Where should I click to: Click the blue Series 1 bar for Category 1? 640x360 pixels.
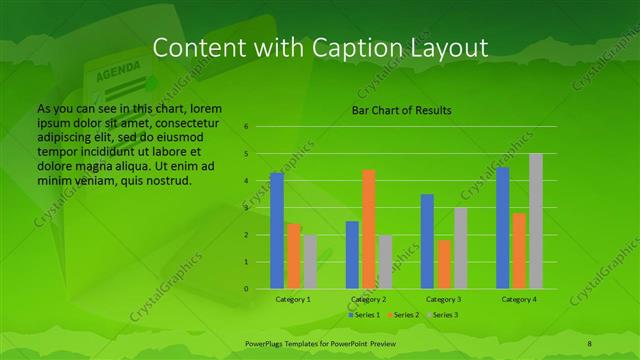(277, 231)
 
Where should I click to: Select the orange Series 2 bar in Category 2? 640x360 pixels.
(368, 229)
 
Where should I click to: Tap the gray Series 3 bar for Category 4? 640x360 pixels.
(536, 221)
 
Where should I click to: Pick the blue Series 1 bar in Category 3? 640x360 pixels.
(427, 241)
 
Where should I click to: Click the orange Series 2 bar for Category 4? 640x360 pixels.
(520, 251)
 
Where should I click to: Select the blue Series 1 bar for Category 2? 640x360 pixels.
(352, 255)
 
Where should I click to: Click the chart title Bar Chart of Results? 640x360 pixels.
(401, 110)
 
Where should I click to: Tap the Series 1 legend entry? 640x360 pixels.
(362, 315)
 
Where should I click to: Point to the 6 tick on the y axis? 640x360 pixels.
(245, 127)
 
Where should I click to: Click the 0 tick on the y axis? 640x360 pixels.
(245, 289)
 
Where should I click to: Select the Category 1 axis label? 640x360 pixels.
(293, 299)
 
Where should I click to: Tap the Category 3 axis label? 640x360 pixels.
(443, 299)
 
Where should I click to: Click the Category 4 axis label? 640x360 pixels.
(519, 299)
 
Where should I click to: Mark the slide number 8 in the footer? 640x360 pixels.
(589, 343)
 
